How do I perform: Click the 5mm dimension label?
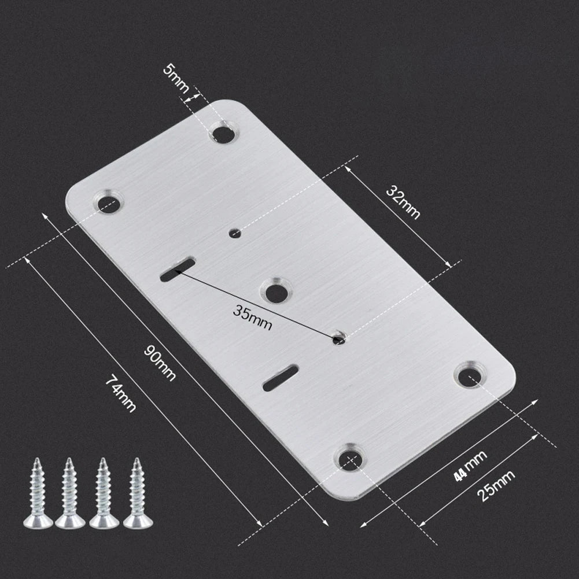[176, 79]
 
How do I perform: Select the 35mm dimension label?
[252, 317]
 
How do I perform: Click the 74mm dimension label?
[120, 393]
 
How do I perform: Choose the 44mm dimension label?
[470, 466]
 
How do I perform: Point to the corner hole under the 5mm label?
[223, 134]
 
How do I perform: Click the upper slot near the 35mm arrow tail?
[177, 270]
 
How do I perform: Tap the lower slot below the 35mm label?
[281, 378]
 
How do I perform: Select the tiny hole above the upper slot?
[235, 234]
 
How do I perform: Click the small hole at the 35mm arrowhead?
[339, 338]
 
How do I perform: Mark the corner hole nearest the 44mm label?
[469, 377]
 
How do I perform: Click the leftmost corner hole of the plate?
[108, 203]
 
